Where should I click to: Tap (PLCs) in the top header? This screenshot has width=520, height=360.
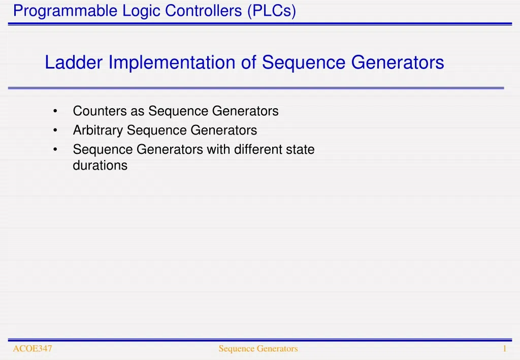coord(272,11)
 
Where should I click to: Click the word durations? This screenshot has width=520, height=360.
coord(100,165)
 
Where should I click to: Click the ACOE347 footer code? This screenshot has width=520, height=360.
coord(32,348)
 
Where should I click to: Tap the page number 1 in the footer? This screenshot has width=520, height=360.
coord(505,348)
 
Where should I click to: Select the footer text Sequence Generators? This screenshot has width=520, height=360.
coord(258,348)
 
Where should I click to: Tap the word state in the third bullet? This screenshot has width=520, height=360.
coord(301,150)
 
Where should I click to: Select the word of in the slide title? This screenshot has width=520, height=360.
coord(250,63)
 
